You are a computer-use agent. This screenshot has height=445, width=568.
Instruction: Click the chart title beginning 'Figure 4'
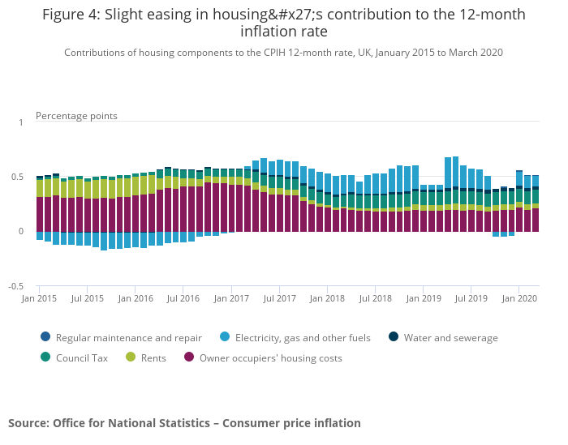pos(283,23)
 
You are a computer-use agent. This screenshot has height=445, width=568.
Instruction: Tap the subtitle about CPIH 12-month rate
pos(283,53)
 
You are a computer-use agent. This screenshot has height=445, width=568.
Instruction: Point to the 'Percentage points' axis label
pos(76,116)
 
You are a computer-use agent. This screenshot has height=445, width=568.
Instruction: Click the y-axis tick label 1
pos(21,122)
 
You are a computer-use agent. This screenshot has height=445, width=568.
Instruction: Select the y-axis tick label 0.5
pos(18,177)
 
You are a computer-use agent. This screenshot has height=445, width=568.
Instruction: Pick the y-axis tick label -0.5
pos(16,287)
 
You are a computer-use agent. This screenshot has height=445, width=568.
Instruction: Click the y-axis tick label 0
pos(21,232)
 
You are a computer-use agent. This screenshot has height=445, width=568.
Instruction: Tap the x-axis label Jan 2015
pos(40,299)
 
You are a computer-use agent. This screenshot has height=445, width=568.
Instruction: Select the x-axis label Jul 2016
pos(183,299)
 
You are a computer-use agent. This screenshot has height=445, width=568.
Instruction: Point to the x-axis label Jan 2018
pos(328,299)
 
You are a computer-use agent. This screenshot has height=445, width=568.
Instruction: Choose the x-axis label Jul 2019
pos(471,299)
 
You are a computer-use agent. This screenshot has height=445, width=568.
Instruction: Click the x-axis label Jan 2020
pos(519,299)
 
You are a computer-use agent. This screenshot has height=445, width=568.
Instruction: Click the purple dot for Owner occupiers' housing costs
pos(190,357)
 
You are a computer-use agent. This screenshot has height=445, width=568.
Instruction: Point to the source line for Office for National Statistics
pos(184,423)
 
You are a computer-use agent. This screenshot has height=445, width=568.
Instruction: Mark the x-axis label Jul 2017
pos(279,299)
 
